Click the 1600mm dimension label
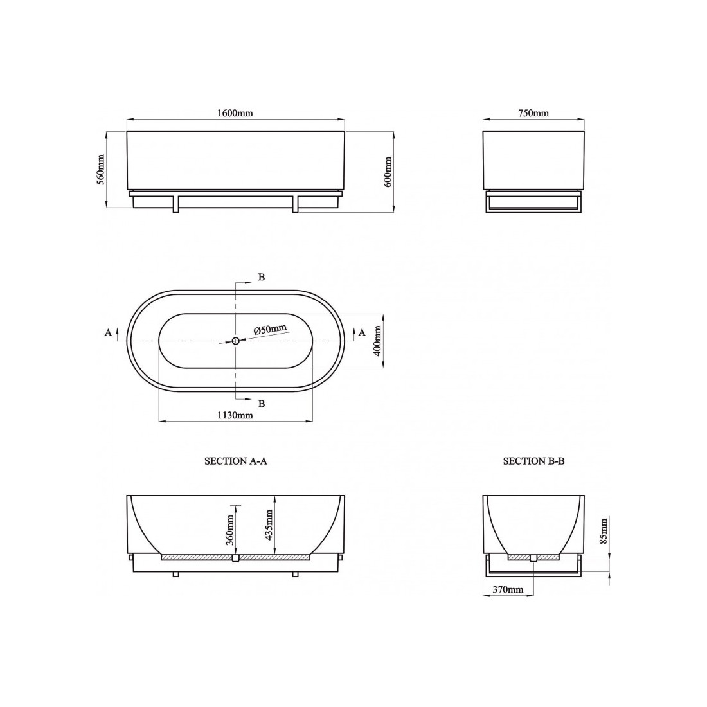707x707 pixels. pyautogui.click(x=235, y=113)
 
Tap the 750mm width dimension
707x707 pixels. pyautogui.click(x=533, y=113)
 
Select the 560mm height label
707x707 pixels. pyautogui.click(x=101, y=170)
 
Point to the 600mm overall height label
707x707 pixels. pyautogui.click(x=388, y=172)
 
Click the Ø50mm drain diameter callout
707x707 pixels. pyautogui.click(x=270, y=329)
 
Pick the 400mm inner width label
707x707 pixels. pyautogui.click(x=377, y=341)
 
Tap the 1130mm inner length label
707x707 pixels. pyautogui.click(x=235, y=415)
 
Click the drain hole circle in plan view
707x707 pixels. pyautogui.click(x=236, y=341)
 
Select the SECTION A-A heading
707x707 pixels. pyautogui.click(x=236, y=461)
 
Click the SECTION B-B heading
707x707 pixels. pyautogui.click(x=534, y=461)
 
